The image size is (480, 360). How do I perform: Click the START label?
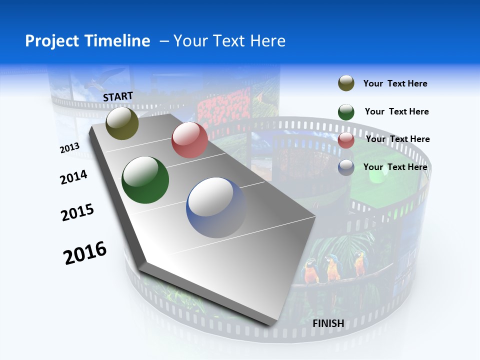click(118, 96)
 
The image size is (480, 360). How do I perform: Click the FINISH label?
click(328, 323)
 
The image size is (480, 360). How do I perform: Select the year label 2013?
click(69, 148)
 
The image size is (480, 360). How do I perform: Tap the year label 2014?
click(73, 177)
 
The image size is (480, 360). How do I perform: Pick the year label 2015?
click(77, 212)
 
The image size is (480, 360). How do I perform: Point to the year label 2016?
click(85, 253)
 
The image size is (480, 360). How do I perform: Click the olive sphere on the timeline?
click(122, 123)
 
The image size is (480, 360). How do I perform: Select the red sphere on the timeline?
click(189, 140)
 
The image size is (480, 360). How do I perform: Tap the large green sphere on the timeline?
click(145, 180)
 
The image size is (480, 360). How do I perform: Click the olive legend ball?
click(346, 83)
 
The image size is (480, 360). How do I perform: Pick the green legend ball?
click(346, 112)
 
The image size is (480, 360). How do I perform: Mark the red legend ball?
click(346, 140)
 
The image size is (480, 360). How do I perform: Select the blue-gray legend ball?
click(346, 167)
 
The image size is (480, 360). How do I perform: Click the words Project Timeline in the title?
click(87, 41)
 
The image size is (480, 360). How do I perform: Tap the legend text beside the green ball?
click(396, 111)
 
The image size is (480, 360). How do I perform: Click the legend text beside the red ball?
click(397, 139)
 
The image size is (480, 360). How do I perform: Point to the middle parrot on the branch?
click(332, 267)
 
